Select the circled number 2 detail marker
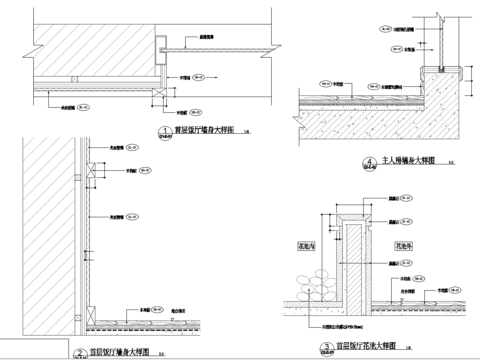[x=79, y=352]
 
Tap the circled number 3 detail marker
[x=325, y=351]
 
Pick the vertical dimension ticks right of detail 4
[x=473, y=75]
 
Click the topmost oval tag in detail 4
[x=385, y=31]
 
